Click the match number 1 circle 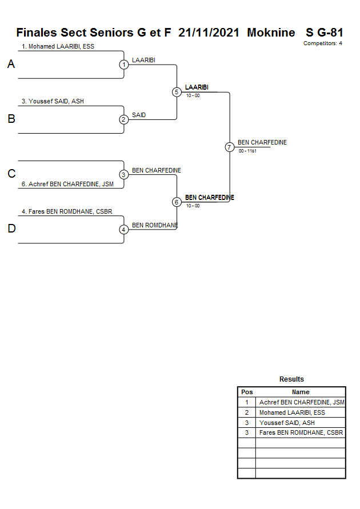click(124, 65)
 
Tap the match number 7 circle click(230, 147)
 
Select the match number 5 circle click(177, 92)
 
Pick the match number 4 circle click(124, 230)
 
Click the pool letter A click(11, 65)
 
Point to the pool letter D click(11, 229)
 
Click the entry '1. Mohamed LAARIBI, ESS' click(58, 46)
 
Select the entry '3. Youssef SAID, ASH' click(53, 101)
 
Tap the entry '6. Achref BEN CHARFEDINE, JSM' click(67, 184)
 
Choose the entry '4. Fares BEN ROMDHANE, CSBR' click(66, 211)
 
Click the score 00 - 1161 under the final click(247, 151)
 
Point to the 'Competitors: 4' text click(323, 43)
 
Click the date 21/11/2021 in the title click(210, 33)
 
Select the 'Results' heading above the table click(291, 379)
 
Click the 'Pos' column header click(247, 392)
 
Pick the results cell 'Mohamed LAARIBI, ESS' click(292, 412)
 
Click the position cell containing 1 click(247, 402)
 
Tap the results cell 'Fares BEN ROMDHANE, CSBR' click(301, 433)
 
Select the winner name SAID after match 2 click(139, 115)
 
